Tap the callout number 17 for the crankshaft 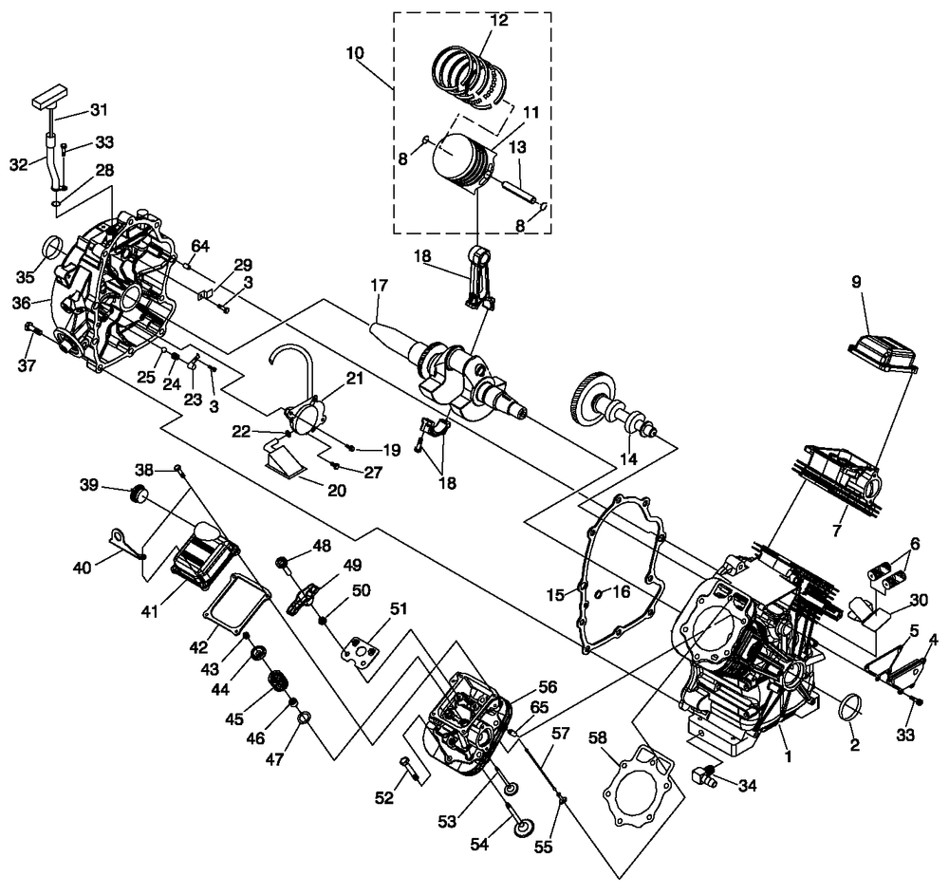click(379, 285)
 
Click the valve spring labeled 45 click(278, 682)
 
